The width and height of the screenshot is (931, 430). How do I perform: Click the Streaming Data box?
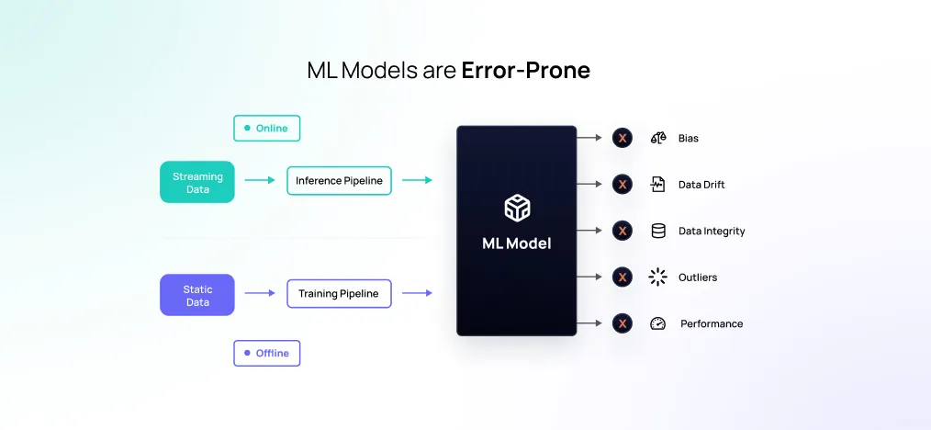197,182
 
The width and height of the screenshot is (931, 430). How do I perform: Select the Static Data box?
197,295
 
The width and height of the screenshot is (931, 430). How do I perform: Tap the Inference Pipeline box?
339,181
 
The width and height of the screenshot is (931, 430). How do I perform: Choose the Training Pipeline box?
339,294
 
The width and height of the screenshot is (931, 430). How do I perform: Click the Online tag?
266,129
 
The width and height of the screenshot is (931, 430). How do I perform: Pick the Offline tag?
266,353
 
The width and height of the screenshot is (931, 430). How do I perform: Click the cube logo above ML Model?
516,208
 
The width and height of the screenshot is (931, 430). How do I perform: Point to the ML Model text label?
516,243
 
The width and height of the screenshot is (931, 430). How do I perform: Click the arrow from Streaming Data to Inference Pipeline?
260,181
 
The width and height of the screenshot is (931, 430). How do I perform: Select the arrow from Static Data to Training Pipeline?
260,294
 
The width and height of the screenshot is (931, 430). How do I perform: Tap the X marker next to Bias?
623,138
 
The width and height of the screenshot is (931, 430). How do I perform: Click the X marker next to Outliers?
623,277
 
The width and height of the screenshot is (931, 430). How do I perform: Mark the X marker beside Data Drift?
623,185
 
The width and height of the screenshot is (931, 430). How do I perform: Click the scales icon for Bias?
657,138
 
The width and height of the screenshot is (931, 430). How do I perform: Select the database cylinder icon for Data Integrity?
657,231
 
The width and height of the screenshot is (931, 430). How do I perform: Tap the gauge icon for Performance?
657,323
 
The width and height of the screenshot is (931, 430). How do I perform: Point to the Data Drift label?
701,185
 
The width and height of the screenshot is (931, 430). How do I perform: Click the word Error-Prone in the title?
525,71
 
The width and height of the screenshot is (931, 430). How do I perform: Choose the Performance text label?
712,323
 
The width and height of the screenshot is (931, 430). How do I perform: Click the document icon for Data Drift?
657,185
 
